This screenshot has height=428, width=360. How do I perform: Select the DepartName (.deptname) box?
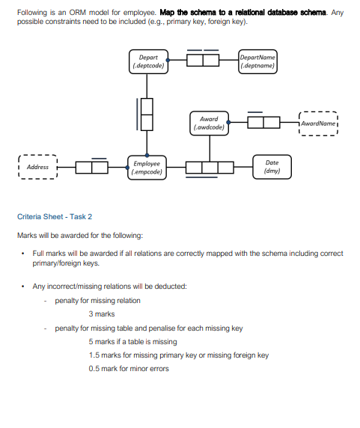coord(257,61)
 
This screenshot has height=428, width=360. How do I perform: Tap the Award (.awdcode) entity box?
coord(209,123)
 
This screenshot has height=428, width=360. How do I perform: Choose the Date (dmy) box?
coord(272,167)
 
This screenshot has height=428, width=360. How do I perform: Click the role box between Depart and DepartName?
coord(202,61)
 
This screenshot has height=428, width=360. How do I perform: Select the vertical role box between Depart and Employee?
coord(147,114)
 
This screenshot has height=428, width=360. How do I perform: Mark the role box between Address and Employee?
coord(92,167)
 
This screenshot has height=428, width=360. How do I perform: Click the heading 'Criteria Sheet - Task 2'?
coord(55,216)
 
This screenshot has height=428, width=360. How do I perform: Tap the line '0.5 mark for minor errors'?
coord(129,368)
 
